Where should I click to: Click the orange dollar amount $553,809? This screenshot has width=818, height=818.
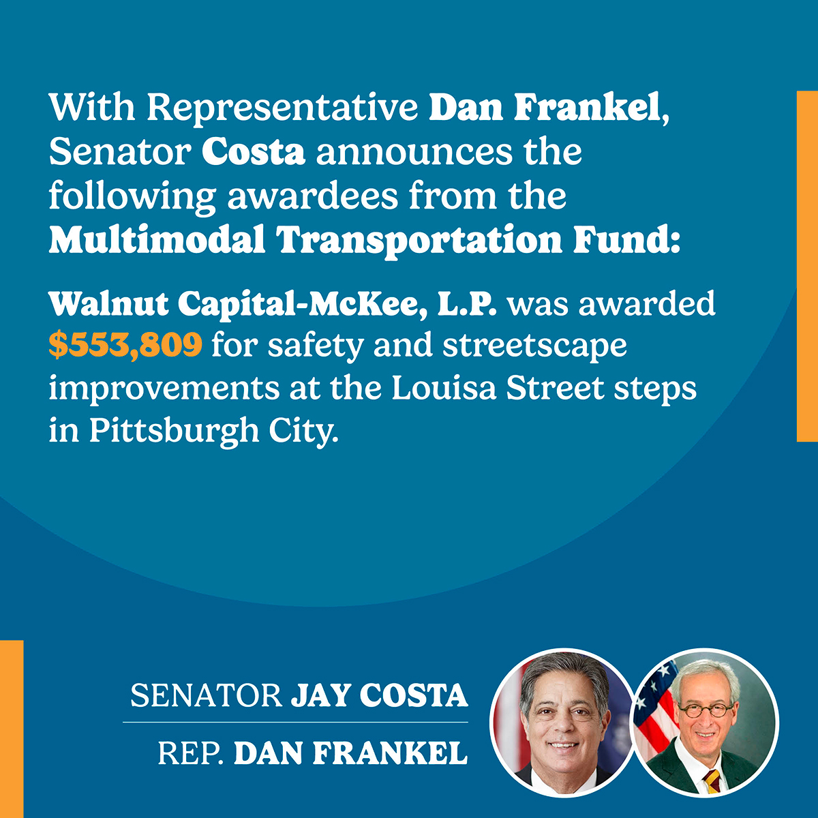125,346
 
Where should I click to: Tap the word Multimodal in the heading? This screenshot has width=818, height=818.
157,240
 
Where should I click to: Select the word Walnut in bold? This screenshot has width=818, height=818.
108,303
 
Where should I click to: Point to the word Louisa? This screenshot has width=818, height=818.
444,388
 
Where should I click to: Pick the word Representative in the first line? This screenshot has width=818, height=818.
282,108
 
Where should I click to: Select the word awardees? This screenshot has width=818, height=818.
312,196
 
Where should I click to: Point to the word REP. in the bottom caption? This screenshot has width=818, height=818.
191,753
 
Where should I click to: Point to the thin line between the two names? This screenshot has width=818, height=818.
295,722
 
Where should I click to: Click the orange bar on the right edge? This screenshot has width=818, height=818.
807,266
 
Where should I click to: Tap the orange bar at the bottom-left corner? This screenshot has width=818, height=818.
12,729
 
